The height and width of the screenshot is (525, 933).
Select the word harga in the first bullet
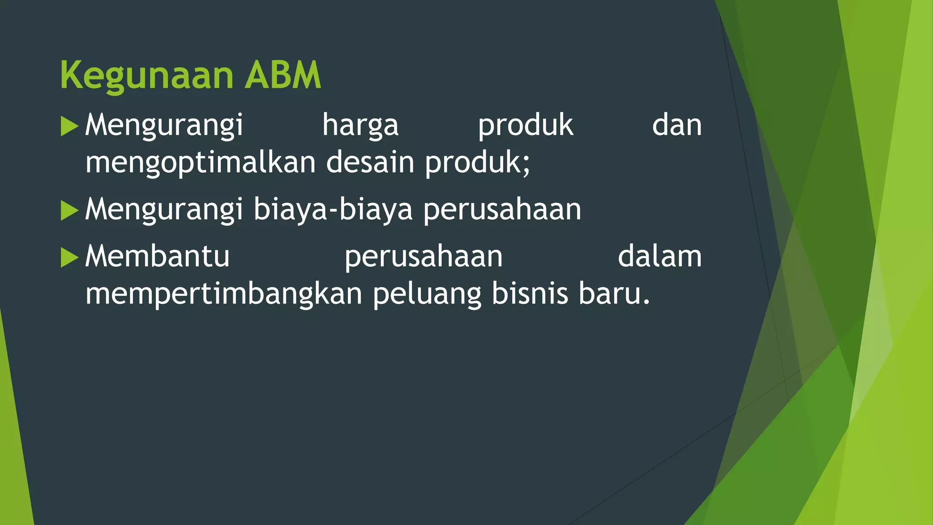(360, 126)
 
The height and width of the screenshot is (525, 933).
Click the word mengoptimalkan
(200, 163)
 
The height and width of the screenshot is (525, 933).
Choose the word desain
(370, 162)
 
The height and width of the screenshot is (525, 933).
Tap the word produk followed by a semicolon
(476, 163)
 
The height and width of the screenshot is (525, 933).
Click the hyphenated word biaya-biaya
(333, 210)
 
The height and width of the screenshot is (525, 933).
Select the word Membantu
(157, 256)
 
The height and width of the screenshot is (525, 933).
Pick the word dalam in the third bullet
(660, 256)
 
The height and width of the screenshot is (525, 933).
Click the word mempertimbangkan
(224, 294)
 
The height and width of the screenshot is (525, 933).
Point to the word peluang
(427, 294)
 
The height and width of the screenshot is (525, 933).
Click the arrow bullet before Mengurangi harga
(69, 126)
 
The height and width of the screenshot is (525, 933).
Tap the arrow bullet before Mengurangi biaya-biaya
(69, 211)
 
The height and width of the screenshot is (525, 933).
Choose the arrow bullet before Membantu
(69, 257)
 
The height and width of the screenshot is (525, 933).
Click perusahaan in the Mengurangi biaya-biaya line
(502, 210)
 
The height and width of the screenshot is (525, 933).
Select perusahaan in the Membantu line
(424, 257)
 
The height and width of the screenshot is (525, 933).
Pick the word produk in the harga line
(525, 126)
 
